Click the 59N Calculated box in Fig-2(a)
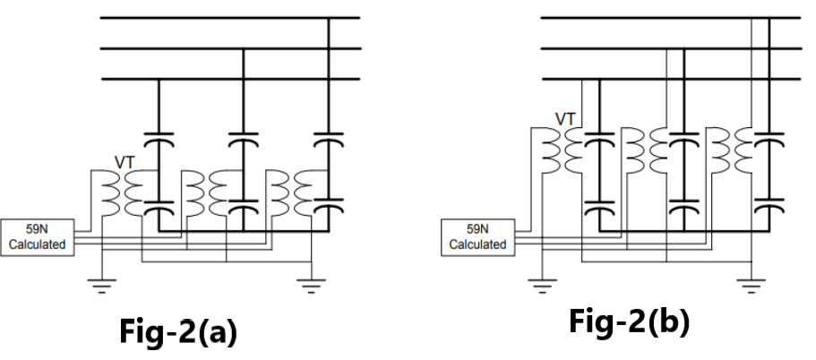(38, 236)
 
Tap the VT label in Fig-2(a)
(125, 163)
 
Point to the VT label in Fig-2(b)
(565, 117)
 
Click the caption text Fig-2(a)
(178, 333)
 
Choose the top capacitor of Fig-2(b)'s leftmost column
(598, 139)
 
